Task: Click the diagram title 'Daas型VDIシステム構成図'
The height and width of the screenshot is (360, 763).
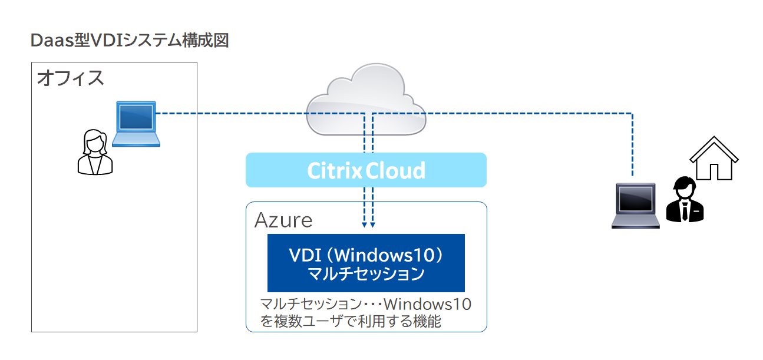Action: click(x=130, y=41)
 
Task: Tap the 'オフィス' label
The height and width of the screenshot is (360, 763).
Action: click(x=70, y=78)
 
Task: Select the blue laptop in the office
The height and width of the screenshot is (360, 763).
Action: click(x=136, y=124)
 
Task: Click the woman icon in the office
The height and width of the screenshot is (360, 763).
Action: click(x=95, y=152)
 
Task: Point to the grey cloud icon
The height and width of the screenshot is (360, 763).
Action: click(x=366, y=99)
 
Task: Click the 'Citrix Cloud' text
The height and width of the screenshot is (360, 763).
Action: click(x=366, y=171)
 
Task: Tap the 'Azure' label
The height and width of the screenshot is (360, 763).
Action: click(x=283, y=220)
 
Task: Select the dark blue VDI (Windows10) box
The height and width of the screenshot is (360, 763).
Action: click(x=366, y=263)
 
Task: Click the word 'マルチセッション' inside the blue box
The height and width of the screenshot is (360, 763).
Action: click(x=366, y=273)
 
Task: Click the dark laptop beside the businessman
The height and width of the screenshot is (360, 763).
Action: click(x=635, y=206)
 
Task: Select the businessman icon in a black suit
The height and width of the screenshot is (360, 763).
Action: click(x=685, y=199)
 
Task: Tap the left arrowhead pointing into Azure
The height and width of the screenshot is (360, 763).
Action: click(x=365, y=225)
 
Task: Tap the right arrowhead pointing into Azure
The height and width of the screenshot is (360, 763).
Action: click(x=372, y=225)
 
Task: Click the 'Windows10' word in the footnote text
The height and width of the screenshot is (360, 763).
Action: click(x=428, y=304)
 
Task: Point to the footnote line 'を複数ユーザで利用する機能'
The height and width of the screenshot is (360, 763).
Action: click(x=351, y=321)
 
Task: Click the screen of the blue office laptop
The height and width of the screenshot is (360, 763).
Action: click(x=136, y=116)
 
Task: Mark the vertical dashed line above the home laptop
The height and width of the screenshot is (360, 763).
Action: click(x=633, y=145)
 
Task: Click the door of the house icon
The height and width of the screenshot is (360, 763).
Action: click(x=714, y=171)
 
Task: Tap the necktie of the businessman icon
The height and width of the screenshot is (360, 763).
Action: click(x=685, y=211)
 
